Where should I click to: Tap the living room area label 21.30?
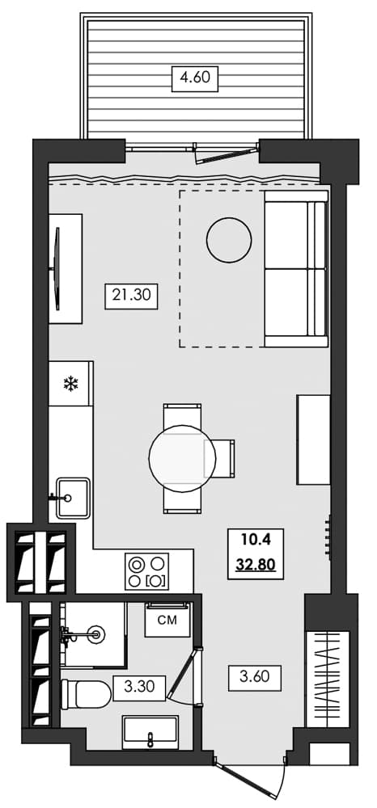coord(130,297)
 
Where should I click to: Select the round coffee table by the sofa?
coord(230,239)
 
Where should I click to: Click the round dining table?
coord(181,457)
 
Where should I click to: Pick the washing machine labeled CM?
coord(167,621)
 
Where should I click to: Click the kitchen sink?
coord(71,496)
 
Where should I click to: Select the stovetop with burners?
coord(147,571)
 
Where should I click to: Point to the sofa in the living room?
coord(296,268)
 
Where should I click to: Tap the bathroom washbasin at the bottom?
coord(151,734)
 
